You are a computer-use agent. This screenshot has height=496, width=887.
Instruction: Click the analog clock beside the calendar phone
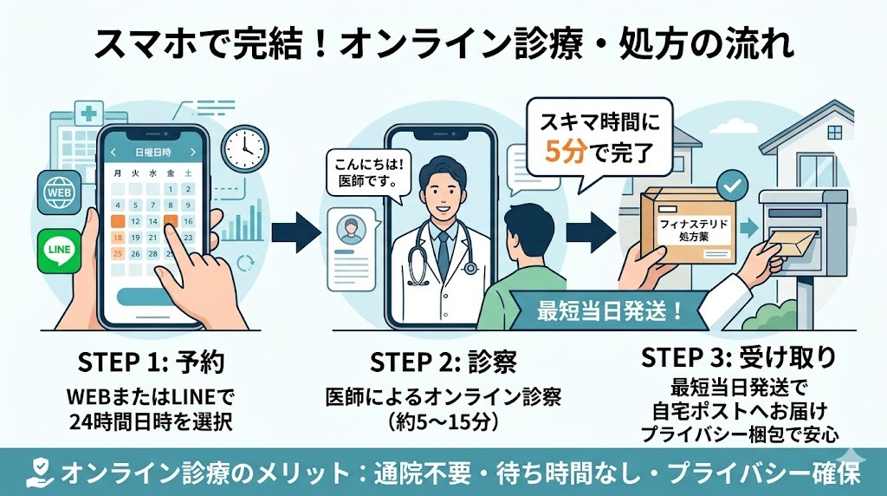coord(244,150)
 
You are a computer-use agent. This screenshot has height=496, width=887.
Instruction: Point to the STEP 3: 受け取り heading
coord(739,357)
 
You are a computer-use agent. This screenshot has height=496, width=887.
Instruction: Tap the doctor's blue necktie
coord(443,248)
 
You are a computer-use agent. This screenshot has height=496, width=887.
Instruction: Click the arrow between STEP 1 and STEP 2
coord(297,232)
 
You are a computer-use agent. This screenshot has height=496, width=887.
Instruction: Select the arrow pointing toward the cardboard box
coord(592,232)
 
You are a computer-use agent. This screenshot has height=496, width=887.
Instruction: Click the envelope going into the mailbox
coord(793,243)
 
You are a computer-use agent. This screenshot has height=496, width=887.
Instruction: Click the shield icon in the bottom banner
coord(38,473)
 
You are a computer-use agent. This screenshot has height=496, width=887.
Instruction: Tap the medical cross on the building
coord(87,113)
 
